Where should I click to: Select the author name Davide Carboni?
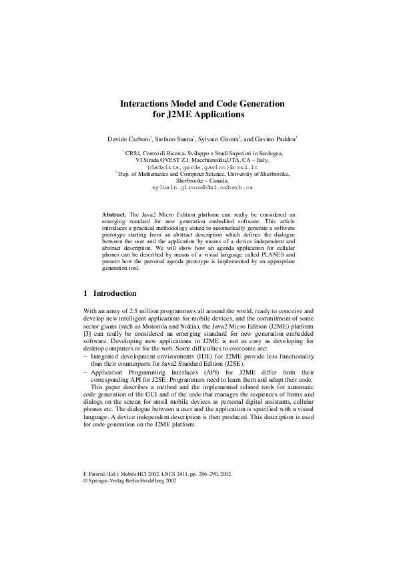point(129,139)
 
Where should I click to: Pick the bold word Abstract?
point(113,215)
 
